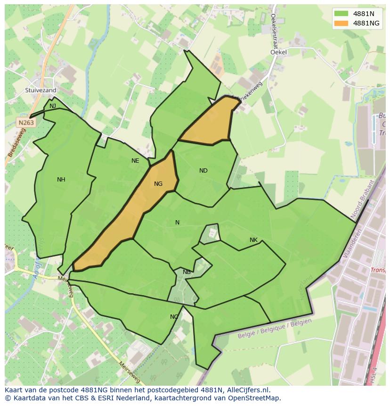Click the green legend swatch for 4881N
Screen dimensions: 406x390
341,13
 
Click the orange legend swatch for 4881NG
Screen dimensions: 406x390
341,23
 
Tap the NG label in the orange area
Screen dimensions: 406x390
158,184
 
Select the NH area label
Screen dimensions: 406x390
61,180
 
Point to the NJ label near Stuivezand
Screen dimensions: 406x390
53,106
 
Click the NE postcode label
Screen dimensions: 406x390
135,161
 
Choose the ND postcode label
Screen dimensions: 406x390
203,171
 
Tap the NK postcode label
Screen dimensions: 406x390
253,240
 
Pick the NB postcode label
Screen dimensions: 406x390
187,272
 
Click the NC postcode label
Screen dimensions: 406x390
174,317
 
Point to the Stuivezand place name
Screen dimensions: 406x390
41,90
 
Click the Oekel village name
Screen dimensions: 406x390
278,53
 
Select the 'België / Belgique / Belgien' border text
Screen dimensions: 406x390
275,328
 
